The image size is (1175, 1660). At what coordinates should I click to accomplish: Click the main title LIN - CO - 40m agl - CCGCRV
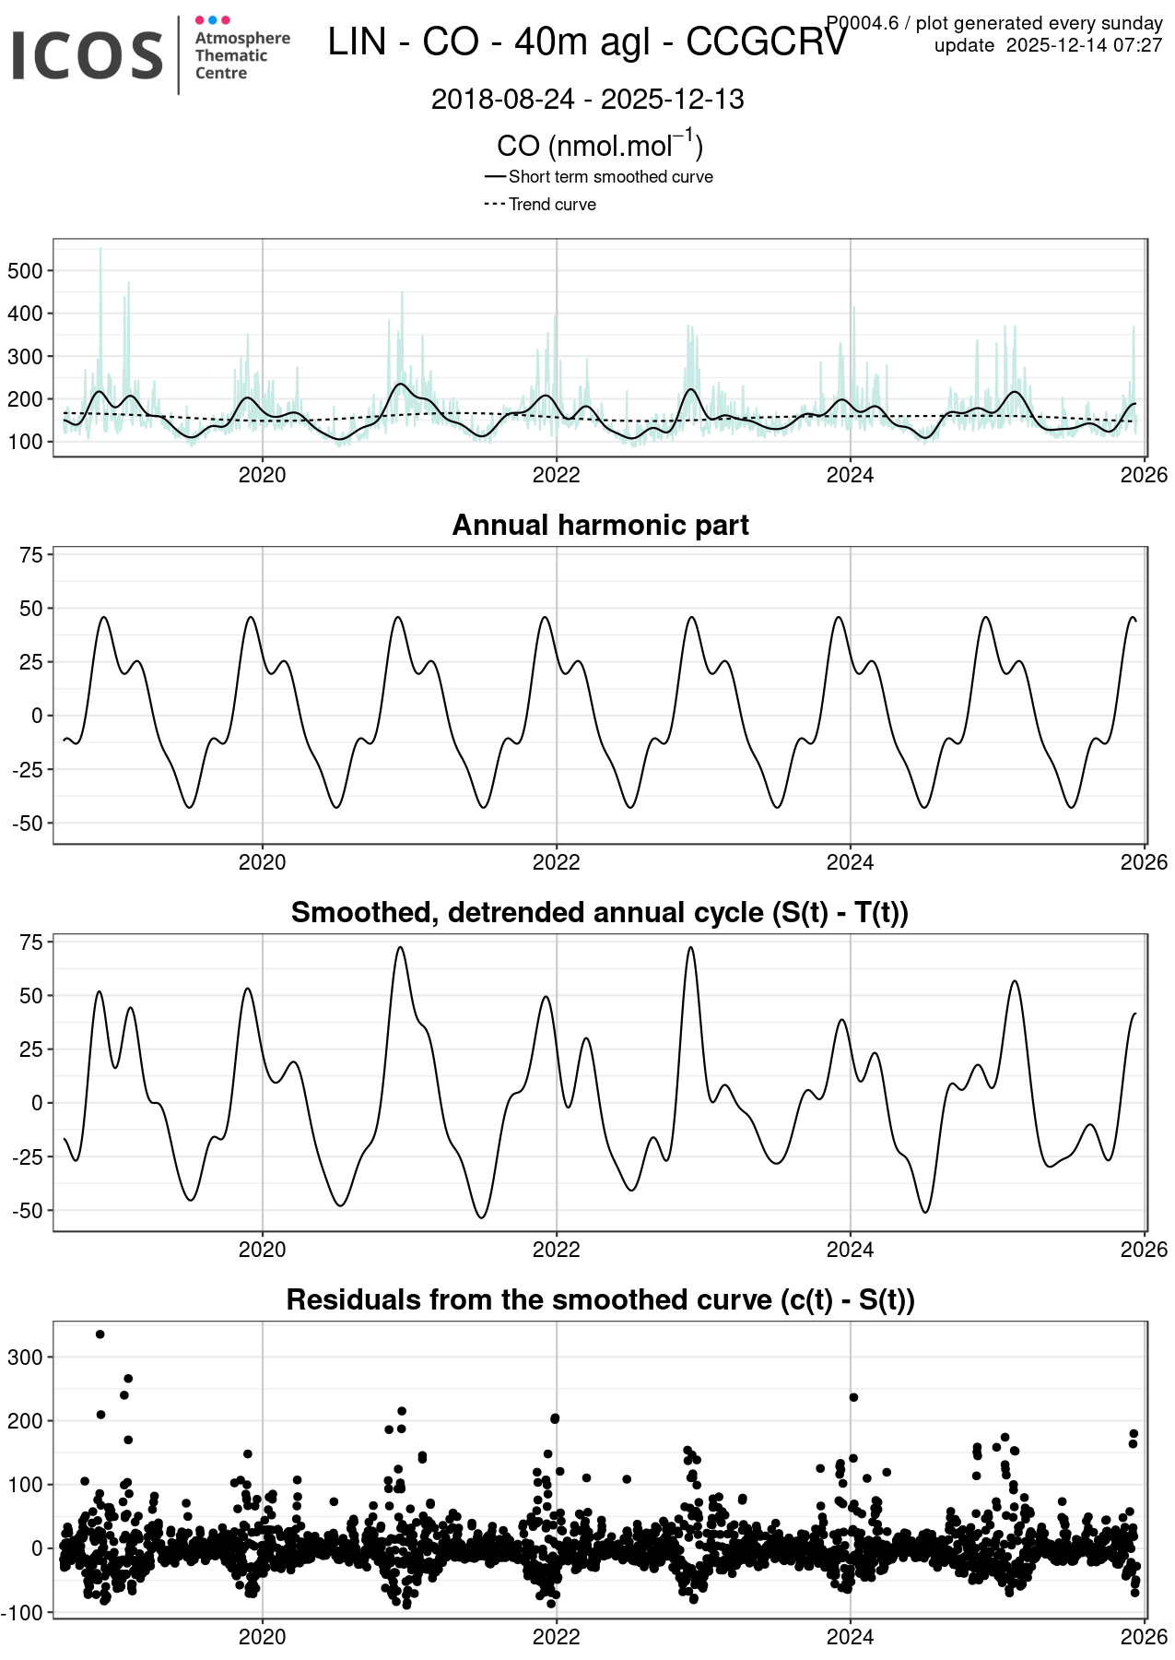tap(587, 42)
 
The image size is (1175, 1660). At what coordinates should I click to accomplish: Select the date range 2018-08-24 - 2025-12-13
tap(587, 100)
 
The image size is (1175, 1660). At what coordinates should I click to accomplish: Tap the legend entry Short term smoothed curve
tap(610, 177)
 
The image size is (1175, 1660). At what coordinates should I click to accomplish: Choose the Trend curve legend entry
tap(552, 205)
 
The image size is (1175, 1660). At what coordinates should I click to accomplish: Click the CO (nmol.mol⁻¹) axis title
tap(600, 146)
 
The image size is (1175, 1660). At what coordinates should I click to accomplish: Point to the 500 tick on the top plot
tap(25, 271)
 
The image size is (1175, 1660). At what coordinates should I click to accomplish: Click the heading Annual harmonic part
tap(600, 525)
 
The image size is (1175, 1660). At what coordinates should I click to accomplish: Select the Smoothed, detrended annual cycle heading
tap(600, 912)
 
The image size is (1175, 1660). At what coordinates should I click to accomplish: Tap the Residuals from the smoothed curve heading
tap(600, 1299)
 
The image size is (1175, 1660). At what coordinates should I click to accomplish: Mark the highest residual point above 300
tap(100, 1334)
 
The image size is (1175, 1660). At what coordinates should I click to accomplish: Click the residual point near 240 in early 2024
tap(853, 1397)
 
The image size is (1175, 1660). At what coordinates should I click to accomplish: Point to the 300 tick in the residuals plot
tap(25, 1358)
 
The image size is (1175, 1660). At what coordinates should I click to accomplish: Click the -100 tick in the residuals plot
tap(23, 1613)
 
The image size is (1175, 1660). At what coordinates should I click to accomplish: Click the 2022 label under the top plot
tap(556, 475)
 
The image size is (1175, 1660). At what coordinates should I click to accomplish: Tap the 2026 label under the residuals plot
tap(1144, 1637)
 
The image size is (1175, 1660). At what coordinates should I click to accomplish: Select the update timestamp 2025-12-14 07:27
tap(1084, 45)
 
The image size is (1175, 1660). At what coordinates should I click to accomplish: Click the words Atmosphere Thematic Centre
tap(241, 55)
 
